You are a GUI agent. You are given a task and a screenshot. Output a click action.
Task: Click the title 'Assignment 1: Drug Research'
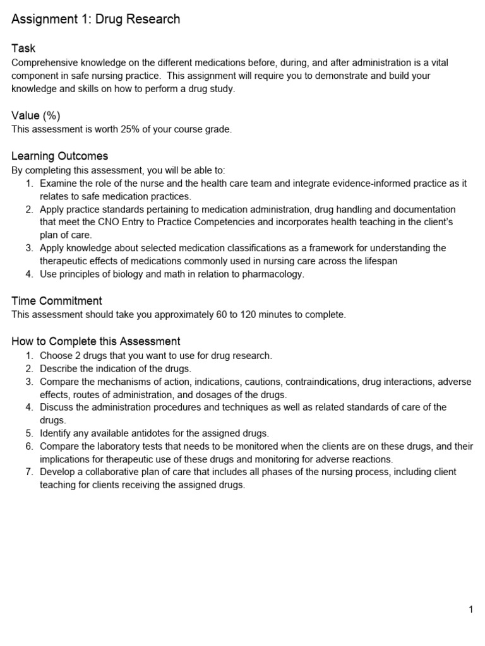[96, 20]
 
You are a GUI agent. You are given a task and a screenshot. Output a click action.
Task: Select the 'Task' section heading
[24, 49]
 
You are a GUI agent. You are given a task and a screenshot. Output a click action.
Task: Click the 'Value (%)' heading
[36, 115]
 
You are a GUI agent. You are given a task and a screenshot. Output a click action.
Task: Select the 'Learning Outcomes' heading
[60, 156]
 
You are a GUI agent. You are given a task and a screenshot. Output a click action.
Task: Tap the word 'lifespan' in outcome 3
[380, 261]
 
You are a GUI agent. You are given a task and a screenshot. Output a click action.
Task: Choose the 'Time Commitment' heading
[57, 301]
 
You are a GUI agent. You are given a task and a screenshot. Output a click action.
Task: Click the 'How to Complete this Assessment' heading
[96, 341]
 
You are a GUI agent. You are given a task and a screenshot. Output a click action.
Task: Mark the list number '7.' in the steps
[30, 472]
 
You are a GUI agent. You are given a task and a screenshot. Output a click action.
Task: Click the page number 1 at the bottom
[470, 609]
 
